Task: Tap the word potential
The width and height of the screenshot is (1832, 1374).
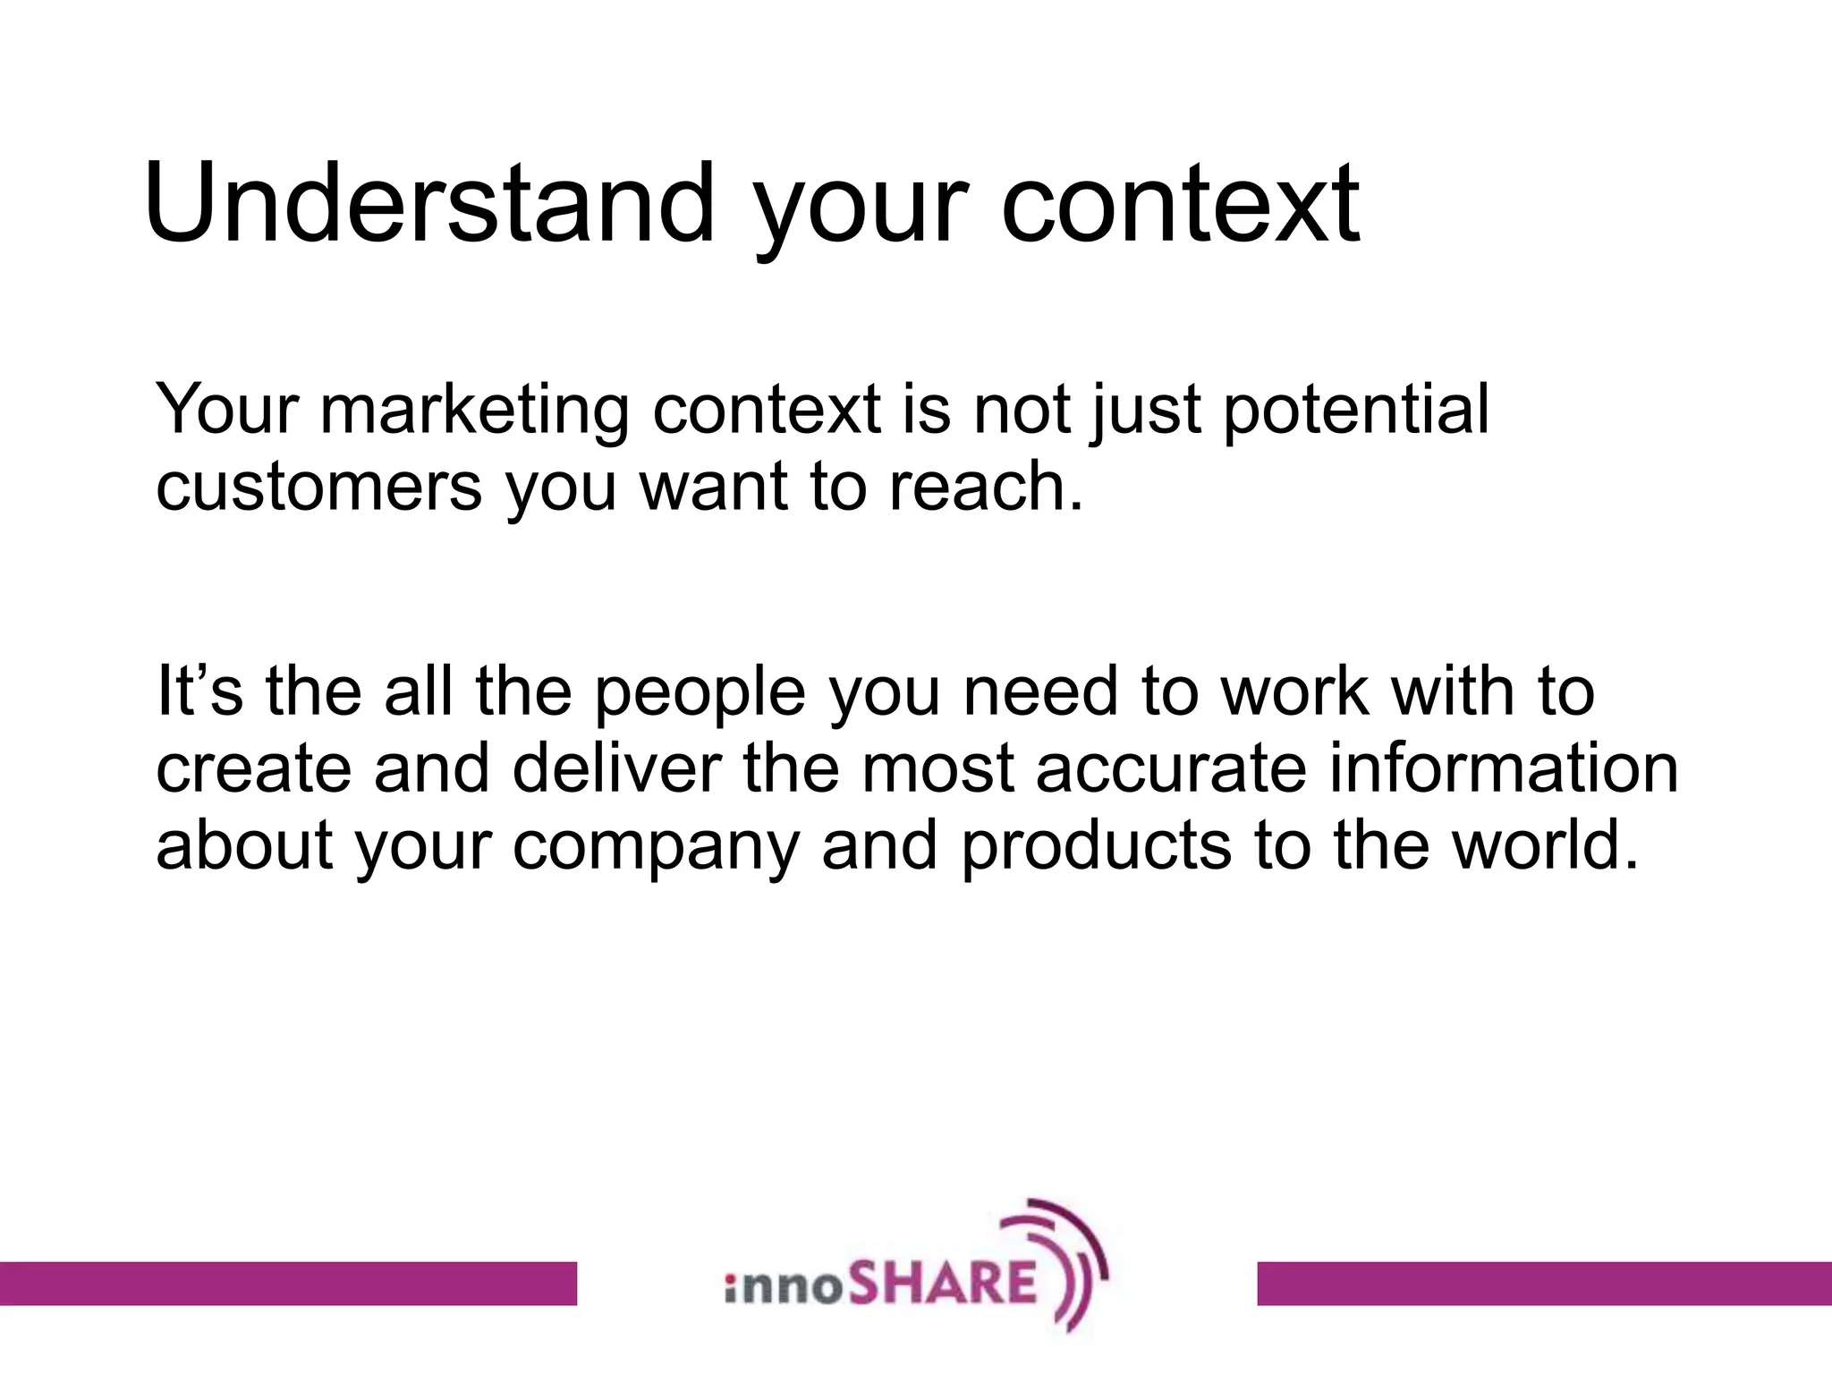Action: [1356, 410]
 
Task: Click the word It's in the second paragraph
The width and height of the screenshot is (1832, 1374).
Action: [199, 691]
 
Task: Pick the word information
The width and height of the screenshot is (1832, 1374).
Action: [1504, 768]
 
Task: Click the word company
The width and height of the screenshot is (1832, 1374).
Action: [656, 846]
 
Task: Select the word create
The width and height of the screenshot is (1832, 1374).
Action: [253, 768]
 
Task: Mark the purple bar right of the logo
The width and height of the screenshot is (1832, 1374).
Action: [1544, 1283]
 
